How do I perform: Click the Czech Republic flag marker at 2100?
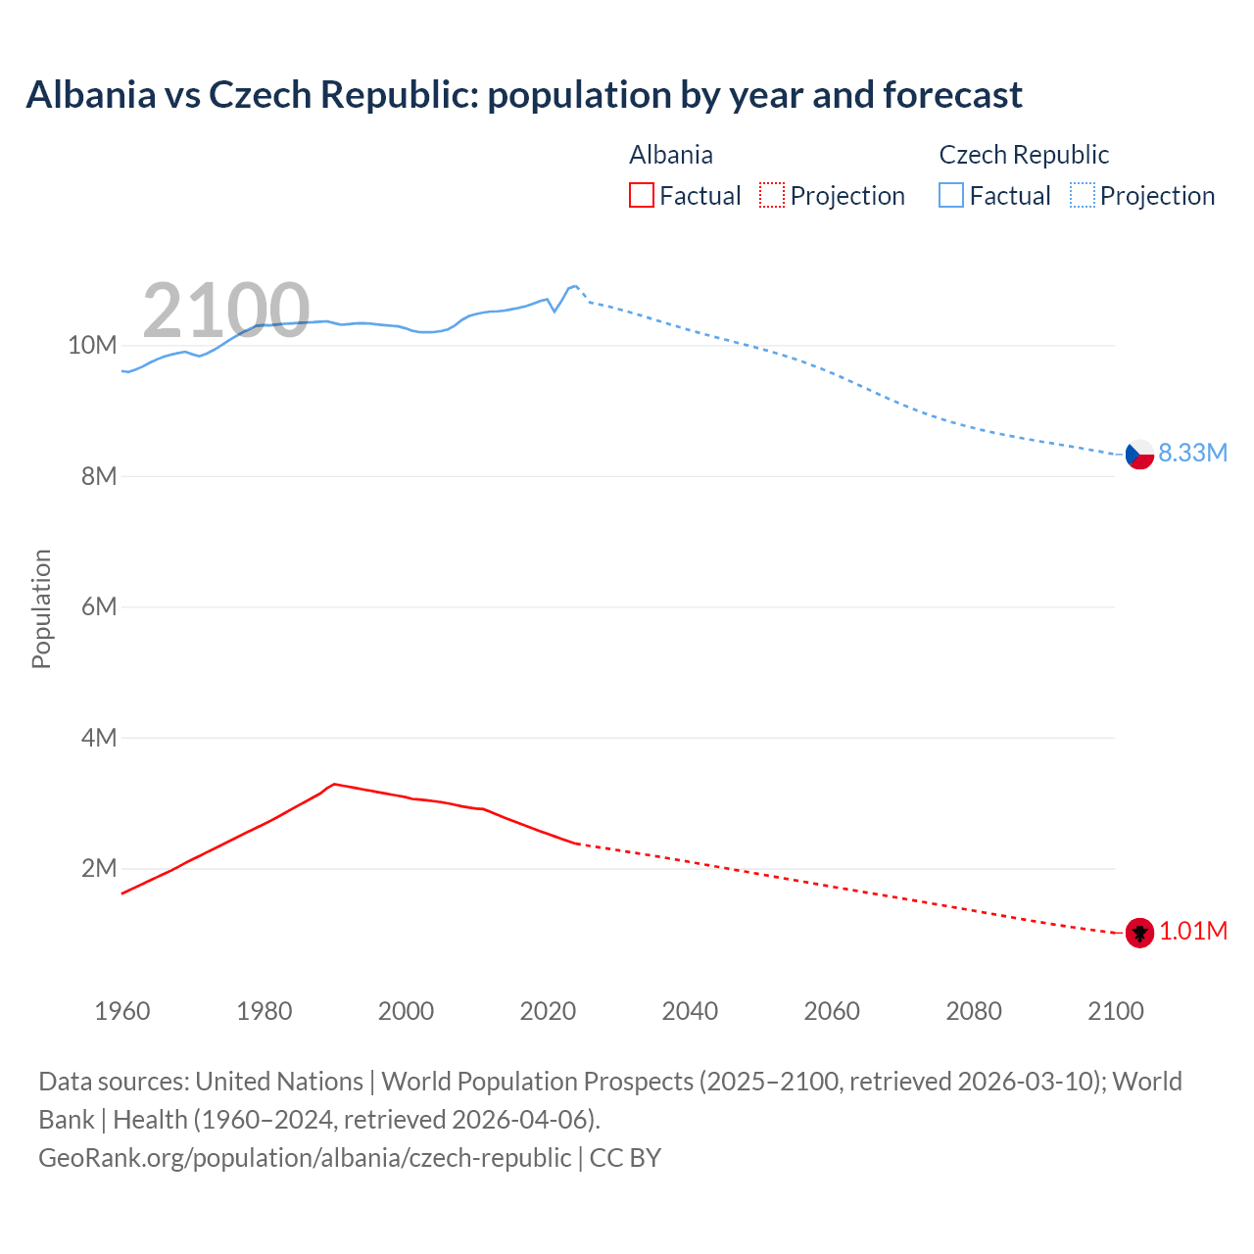coord(1139,455)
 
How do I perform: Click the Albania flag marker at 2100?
coord(1139,933)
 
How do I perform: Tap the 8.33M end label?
coord(1192,453)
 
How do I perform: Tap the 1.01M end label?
coord(1192,931)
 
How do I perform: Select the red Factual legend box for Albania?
coord(642,195)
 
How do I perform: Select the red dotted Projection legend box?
coord(772,195)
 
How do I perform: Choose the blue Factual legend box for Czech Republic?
coord(951,195)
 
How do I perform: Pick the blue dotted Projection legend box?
coord(1082,195)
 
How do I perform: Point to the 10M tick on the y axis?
coord(92,345)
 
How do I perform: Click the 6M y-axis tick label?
coord(99,606)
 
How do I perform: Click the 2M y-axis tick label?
coord(99,868)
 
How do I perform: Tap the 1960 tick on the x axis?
coord(122,1011)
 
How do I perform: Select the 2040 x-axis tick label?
coord(690,1011)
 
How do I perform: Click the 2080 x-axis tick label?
coord(974,1011)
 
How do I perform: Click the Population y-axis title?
coord(41,608)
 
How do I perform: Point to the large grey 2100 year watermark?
coord(226,311)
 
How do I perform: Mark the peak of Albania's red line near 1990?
coord(334,784)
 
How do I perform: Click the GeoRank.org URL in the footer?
coord(305,1157)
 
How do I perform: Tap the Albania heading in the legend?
coord(671,155)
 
